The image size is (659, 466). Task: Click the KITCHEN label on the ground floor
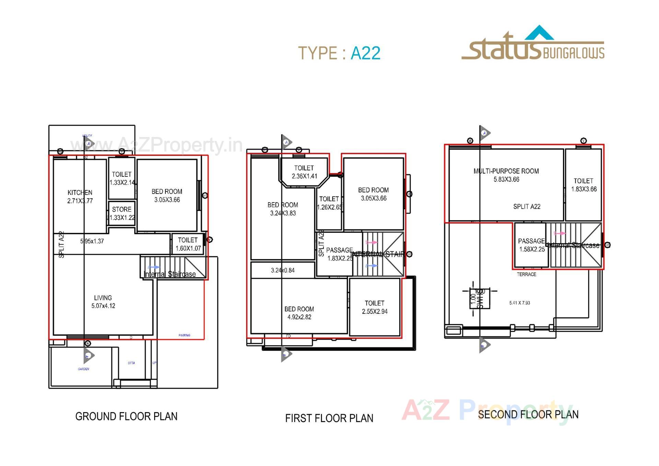(x=80, y=193)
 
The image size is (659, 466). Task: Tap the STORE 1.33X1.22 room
(x=122, y=213)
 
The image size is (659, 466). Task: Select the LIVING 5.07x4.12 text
(x=103, y=302)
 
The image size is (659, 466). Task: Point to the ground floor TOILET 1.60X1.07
(x=188, y=244)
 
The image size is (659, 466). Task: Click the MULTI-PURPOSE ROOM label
(x=506, y=171)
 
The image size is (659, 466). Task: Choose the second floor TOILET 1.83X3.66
(x=583, y=185)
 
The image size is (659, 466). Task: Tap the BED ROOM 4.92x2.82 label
(x=299, y=313)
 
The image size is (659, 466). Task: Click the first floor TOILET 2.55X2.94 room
(x=374, y=307)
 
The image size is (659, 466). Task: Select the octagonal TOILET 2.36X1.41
(x=304, y=172)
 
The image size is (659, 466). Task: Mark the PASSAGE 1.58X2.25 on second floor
(x=531, y=245)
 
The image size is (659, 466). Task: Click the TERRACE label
(x=526, y=274)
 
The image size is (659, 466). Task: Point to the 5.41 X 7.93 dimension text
(x=519, y=303)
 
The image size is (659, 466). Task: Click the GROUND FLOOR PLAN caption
(x=126, y=417)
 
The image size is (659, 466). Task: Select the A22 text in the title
(x=365, y=53)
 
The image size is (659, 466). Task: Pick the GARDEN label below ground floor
(x=83, y=369)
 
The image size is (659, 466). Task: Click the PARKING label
(x=184, y=335)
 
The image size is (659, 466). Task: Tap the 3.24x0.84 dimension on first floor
(x=282, y=271)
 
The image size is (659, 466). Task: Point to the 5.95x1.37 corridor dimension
(x=92, y=241)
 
